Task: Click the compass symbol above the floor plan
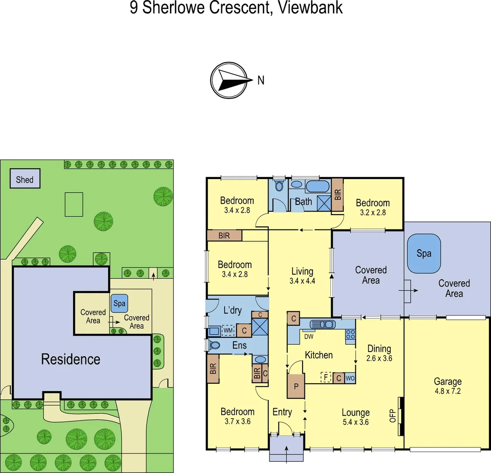[x=232, y=80]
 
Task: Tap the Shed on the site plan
[x=25, y=179]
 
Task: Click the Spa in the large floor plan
[x=424, y=254]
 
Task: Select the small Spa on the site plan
[x=119, y=303]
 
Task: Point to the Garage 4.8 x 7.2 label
[x=447, y=386]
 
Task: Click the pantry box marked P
[x=296, y=386]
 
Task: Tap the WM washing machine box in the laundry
[x=228, y=330]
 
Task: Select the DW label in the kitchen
[x=308, y=337]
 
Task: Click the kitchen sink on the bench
[x=323, y=325]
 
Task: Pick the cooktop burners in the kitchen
[x=350, y=334]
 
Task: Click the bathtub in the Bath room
[x=317, y=187]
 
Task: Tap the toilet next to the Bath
[x=279, y=186]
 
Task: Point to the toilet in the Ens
[x=215, y=345]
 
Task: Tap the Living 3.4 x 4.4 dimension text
[x=302, y=281]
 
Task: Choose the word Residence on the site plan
[x=71, y=359]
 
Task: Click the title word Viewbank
[x=311, y=8]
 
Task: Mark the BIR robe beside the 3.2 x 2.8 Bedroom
[x=337, y=194]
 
